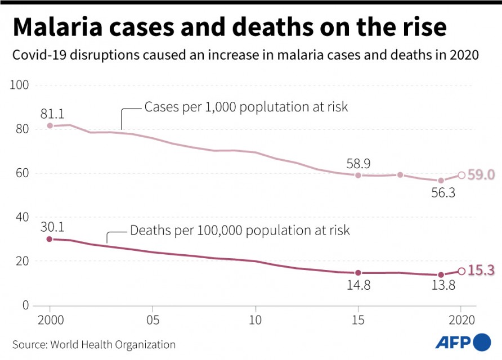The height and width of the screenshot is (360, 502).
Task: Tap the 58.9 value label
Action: point(358,163)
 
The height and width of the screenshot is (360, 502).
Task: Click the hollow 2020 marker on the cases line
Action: point(461,175)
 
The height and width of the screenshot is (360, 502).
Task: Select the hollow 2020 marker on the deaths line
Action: point(461,271)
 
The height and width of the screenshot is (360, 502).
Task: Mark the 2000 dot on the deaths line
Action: point(50,239)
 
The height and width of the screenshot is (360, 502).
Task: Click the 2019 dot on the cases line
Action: point(441,181)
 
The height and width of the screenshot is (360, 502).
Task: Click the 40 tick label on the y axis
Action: point(22,217)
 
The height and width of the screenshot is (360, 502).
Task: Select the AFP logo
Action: point(463,341)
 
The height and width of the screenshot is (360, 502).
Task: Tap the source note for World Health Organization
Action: point(93,344)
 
